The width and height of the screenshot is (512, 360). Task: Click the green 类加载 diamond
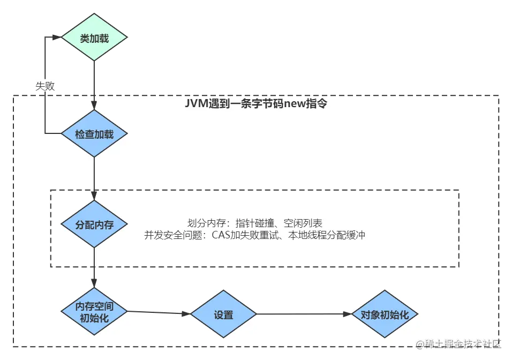pos(94,38)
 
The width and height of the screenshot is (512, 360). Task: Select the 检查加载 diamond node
pos(94,134)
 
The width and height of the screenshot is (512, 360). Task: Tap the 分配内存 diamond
pos(94,224)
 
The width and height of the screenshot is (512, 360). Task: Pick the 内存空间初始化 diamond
pos(94,312)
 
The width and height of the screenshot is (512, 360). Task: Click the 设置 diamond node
pos(223,314)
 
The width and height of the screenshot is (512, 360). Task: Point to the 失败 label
pos(45,86)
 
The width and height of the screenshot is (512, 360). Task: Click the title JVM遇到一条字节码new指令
pos(256,104)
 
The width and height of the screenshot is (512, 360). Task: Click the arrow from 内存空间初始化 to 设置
pos(159,313)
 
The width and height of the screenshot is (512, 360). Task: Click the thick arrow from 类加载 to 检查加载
pos(94,80)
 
